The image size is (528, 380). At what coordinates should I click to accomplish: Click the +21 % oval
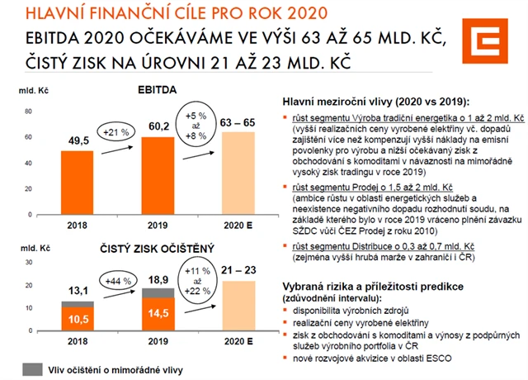tap(115, 131)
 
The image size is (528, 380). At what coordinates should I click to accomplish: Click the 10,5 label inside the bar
tap(79, 318)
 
